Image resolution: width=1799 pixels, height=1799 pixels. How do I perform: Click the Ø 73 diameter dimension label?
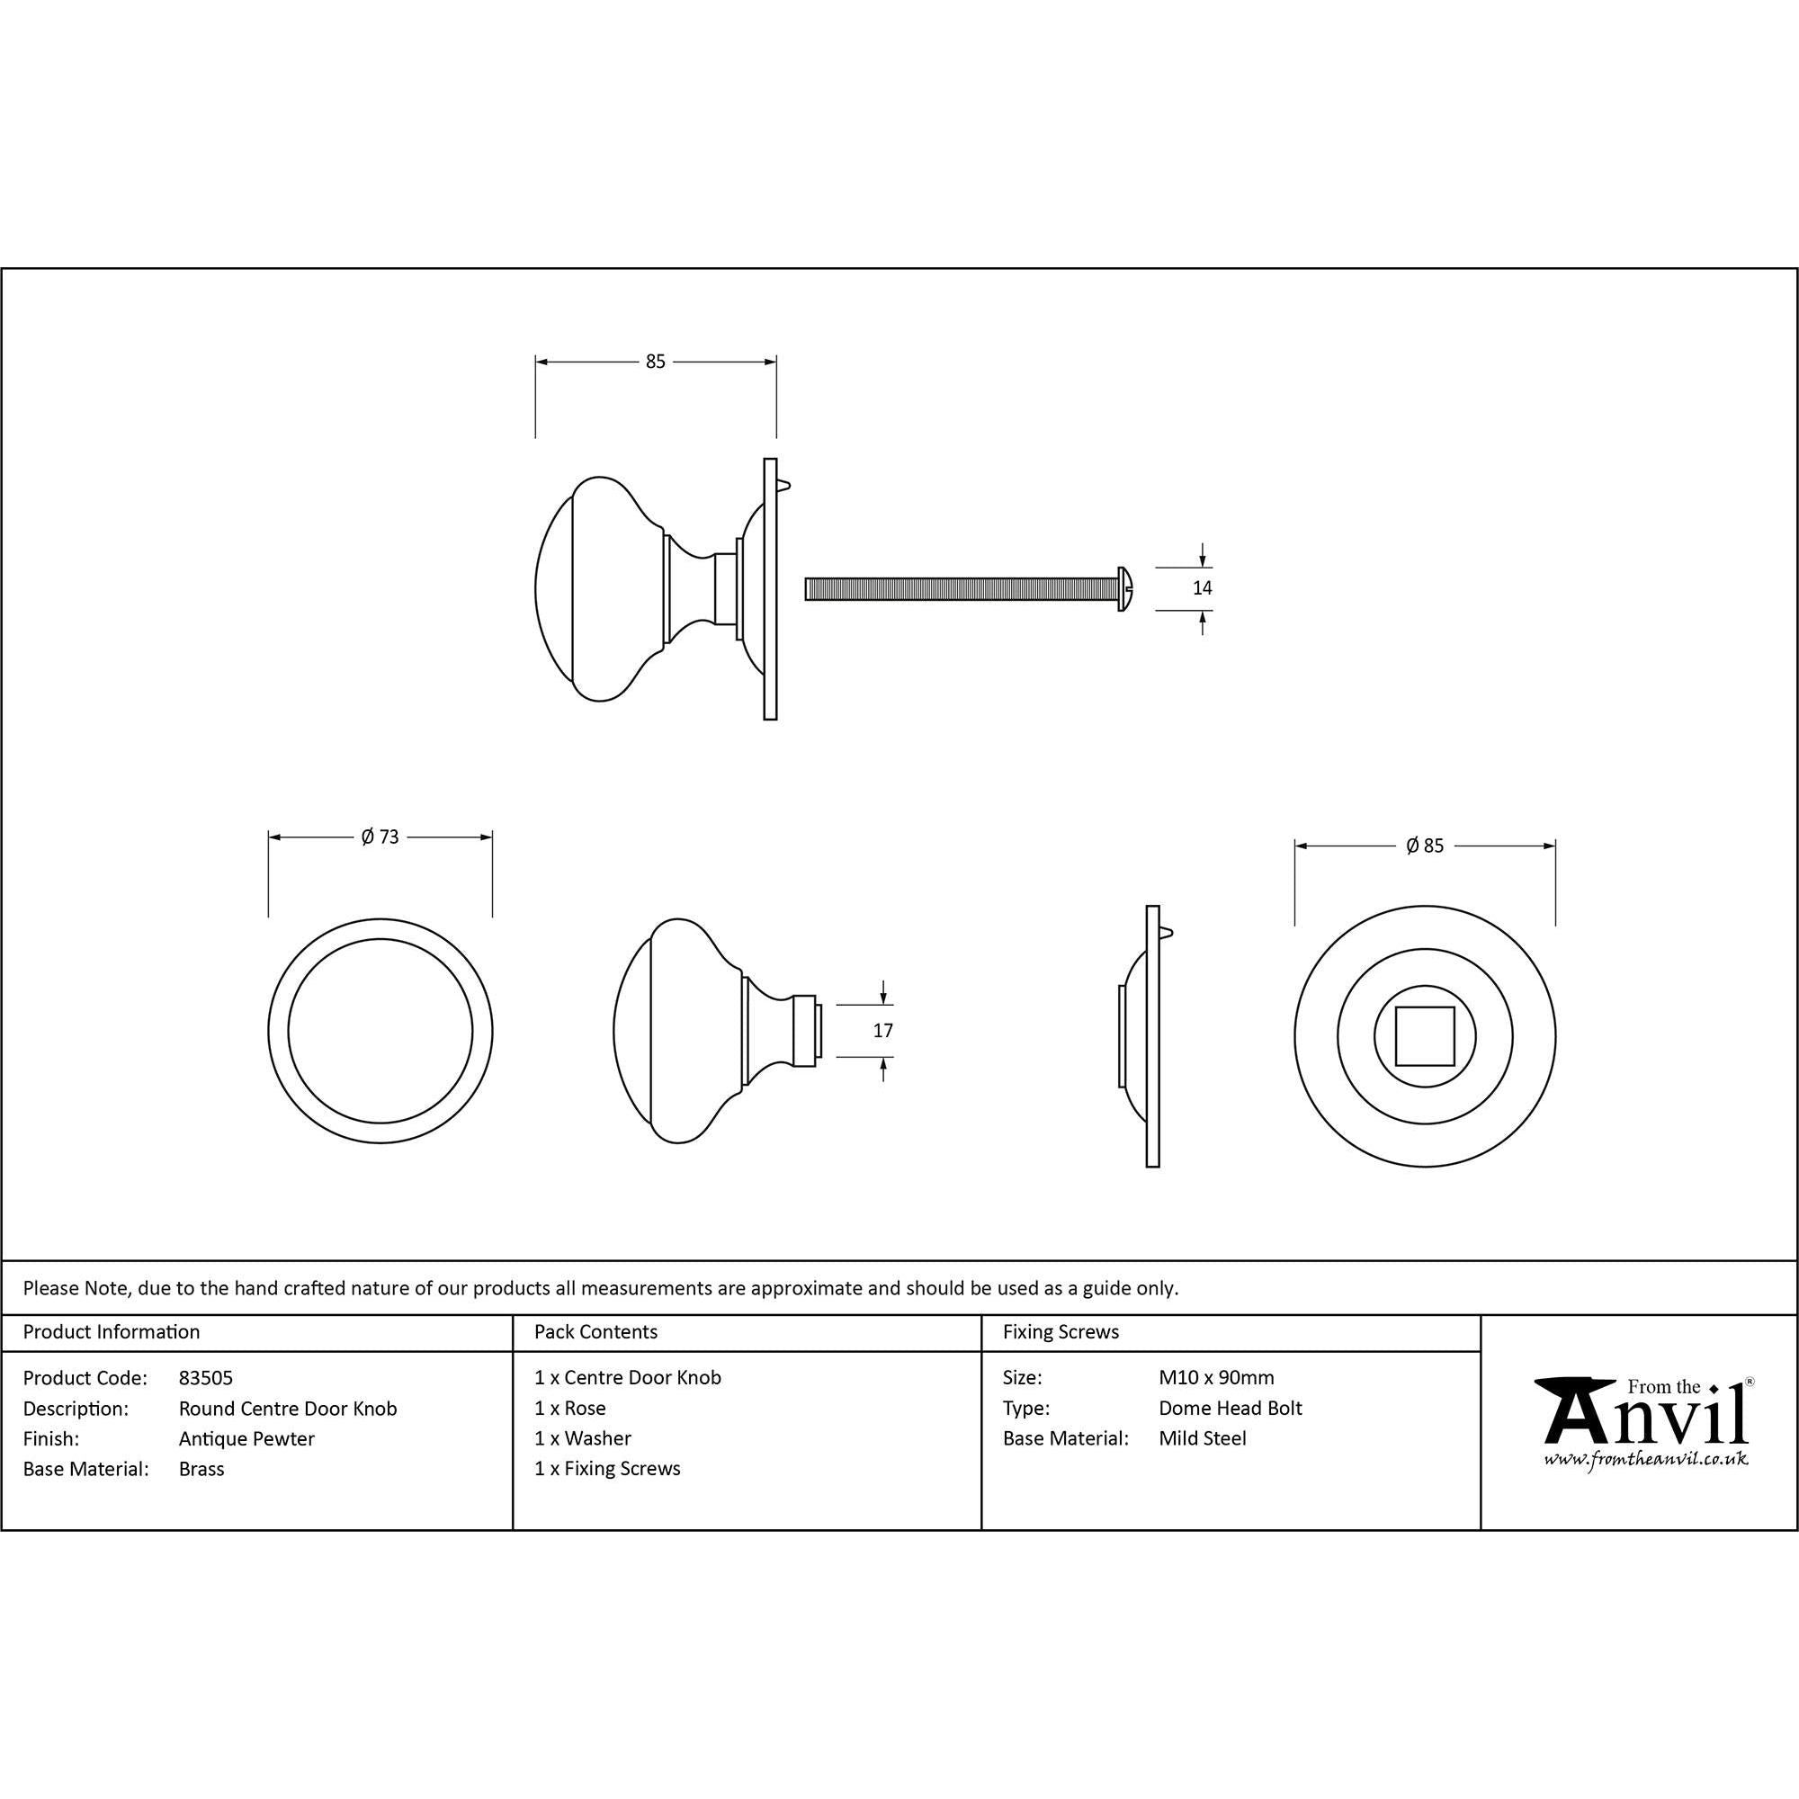click(x=380, y=837)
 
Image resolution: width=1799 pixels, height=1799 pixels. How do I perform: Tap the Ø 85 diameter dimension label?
click(x=1425, y=846)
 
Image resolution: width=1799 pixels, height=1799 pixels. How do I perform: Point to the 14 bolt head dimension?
click(x=1202, y=587)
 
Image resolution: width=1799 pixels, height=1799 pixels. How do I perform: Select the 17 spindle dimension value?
click(x=882, y=1031)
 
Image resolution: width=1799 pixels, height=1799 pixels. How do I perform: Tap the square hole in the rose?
click(x=1425, y=1035)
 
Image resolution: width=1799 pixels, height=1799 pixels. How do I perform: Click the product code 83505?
click(x=206, y=1378)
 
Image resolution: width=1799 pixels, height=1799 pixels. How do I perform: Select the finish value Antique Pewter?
click(x=246, y=1438)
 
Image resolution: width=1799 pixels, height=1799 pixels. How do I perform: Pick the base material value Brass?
click(x=201, y=1470)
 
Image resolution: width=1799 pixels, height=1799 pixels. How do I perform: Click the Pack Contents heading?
click(x=596, y=1332)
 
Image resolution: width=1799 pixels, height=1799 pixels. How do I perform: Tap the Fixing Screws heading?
click(x=1061, y=1332)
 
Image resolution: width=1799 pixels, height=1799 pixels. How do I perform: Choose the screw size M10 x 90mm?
click(x=1216, y=1378)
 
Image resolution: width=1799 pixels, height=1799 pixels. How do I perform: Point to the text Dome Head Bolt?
click(x=1230, y=1409)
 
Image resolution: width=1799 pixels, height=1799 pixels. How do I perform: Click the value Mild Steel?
click(x=1202, y=1438)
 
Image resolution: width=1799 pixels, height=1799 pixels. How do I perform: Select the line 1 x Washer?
click(x=583, y=1438)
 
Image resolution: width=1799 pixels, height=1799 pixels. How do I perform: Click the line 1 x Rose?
click(x=570, y=1409)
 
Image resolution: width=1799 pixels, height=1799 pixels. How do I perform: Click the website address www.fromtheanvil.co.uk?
click(x=1645, y=1459)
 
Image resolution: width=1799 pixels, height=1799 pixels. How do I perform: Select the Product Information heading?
click(x=112, y=1332)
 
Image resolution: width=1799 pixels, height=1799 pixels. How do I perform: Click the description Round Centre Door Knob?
click(x=288, y=1409)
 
